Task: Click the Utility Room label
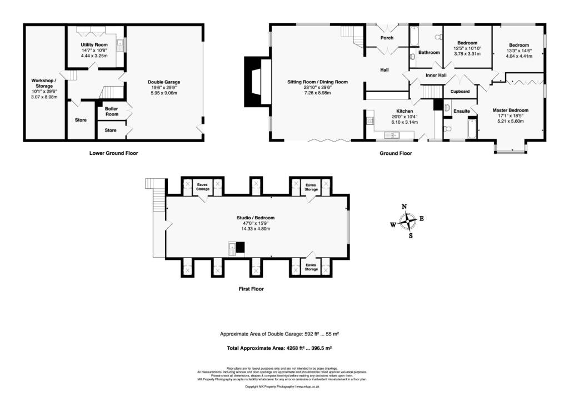(94, 44)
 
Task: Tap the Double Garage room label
(163, 82)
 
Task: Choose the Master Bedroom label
(510, 110)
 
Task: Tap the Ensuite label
(461, 112)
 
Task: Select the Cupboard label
(460, 91)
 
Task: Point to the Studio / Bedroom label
(255, 218)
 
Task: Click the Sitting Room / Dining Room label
(317, 82)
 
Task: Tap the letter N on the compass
(404, 207)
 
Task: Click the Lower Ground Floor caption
(113, 153)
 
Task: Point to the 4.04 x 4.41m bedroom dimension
(517, 56)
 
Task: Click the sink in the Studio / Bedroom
(232, 248)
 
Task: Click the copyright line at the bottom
(284, 386)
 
